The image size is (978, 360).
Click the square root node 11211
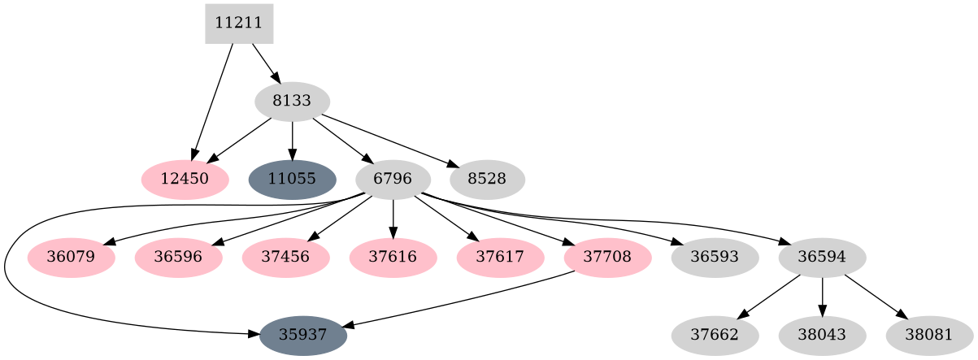238,24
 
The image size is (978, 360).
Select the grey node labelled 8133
292,102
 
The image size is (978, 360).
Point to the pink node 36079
71,258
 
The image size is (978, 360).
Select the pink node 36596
178,258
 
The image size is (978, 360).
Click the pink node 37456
285,258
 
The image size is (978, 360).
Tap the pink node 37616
393,258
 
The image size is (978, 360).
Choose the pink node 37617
501,258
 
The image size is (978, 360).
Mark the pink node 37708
608,258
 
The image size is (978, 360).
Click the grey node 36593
715,258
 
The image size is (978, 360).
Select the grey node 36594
822,258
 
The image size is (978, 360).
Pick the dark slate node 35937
303,336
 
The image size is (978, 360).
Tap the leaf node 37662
715,336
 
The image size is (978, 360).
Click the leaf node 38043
822,336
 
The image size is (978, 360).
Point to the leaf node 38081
929,336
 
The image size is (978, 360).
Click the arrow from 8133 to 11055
292,140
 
